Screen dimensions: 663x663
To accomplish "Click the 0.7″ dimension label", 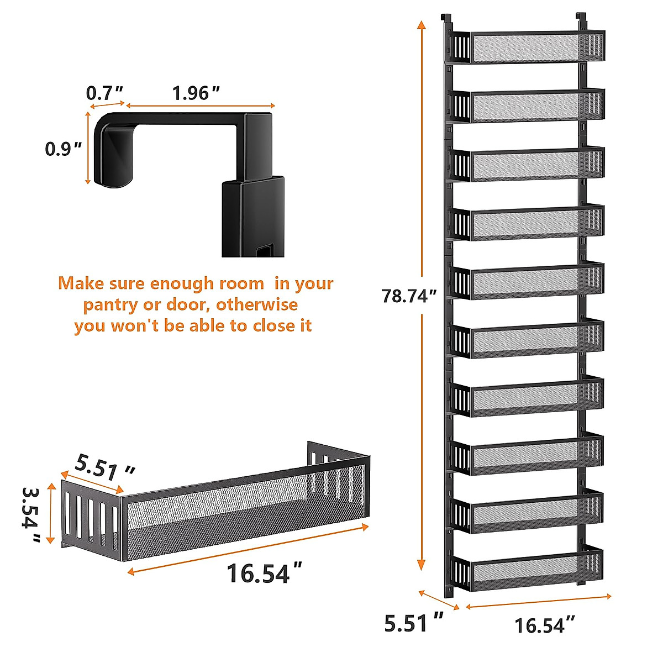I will click(104, 92).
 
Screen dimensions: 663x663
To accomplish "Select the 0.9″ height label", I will click(64, 149).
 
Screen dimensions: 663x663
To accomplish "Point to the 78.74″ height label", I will click(409, 296).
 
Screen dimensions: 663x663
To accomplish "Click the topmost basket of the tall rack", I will click(528, 46).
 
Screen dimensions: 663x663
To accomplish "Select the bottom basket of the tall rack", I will click(528, 567).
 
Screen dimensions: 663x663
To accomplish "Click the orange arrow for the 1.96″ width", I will click(200, 106).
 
